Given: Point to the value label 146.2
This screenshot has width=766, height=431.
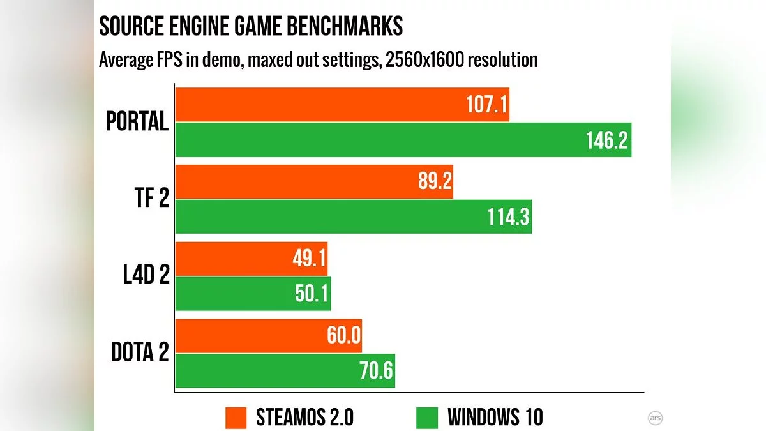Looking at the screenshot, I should pyautogui.click(x=606, y=140).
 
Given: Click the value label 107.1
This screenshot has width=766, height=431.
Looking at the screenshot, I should pyautogui.click(x=484, y=105).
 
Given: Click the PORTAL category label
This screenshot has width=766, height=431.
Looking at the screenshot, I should pyautogui.click(x=137, y=121).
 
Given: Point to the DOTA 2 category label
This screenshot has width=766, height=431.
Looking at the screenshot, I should pyautogui.click(x=140, y=353).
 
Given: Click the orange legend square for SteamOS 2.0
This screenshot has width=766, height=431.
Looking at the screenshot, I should pyautogui.click(x=236, y=418).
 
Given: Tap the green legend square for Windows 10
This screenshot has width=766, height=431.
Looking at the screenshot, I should pyautogui.click(x=427, y=418).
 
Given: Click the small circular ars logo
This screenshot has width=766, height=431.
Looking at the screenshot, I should pyautogui.click(x=654, y=418).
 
